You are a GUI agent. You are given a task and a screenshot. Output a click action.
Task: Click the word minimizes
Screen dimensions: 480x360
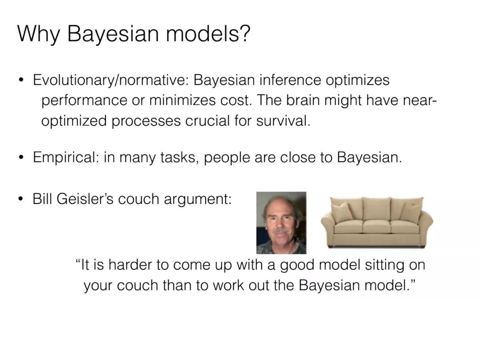click(183, 100)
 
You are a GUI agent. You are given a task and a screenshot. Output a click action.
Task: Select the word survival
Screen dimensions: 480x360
click(283, 120)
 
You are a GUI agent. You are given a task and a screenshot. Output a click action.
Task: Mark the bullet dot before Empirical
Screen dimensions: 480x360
click(21, 157)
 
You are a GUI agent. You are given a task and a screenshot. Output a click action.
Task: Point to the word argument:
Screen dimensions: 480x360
click(198, 200)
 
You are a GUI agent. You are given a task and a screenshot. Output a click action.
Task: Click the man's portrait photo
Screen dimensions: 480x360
click(281, 223)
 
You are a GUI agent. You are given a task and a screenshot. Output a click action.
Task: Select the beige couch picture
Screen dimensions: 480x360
click(377, 222)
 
